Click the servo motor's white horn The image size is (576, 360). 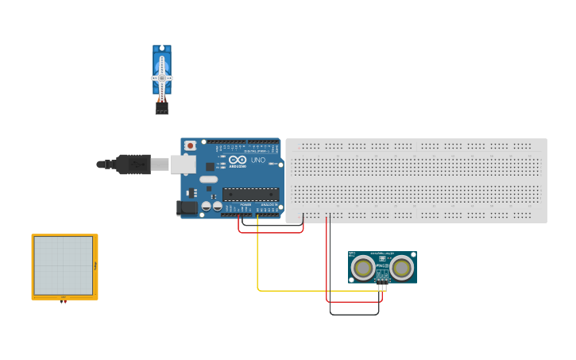coord(162,77)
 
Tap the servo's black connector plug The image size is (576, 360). coord(161,109)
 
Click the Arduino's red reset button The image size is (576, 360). coord(190,146)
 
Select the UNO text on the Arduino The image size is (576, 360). coord(258,160)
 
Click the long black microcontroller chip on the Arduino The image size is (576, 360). coord(250,193)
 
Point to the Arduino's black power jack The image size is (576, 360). coord(186,207)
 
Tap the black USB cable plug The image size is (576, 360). coord(133,165)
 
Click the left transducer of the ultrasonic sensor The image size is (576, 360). coord(364,268)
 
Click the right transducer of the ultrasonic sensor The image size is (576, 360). coord(401,268)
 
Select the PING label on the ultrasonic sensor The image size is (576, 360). coord(382,258)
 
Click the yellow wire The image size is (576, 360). coord(257,262)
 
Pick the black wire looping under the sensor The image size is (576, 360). coord(354,315)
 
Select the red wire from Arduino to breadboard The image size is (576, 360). coord(270,232)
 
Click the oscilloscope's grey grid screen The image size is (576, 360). coord(64,265)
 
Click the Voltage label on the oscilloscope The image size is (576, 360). coord(95,265)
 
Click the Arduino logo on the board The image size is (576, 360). coord(237,160)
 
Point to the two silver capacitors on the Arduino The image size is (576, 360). coord(211,207)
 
